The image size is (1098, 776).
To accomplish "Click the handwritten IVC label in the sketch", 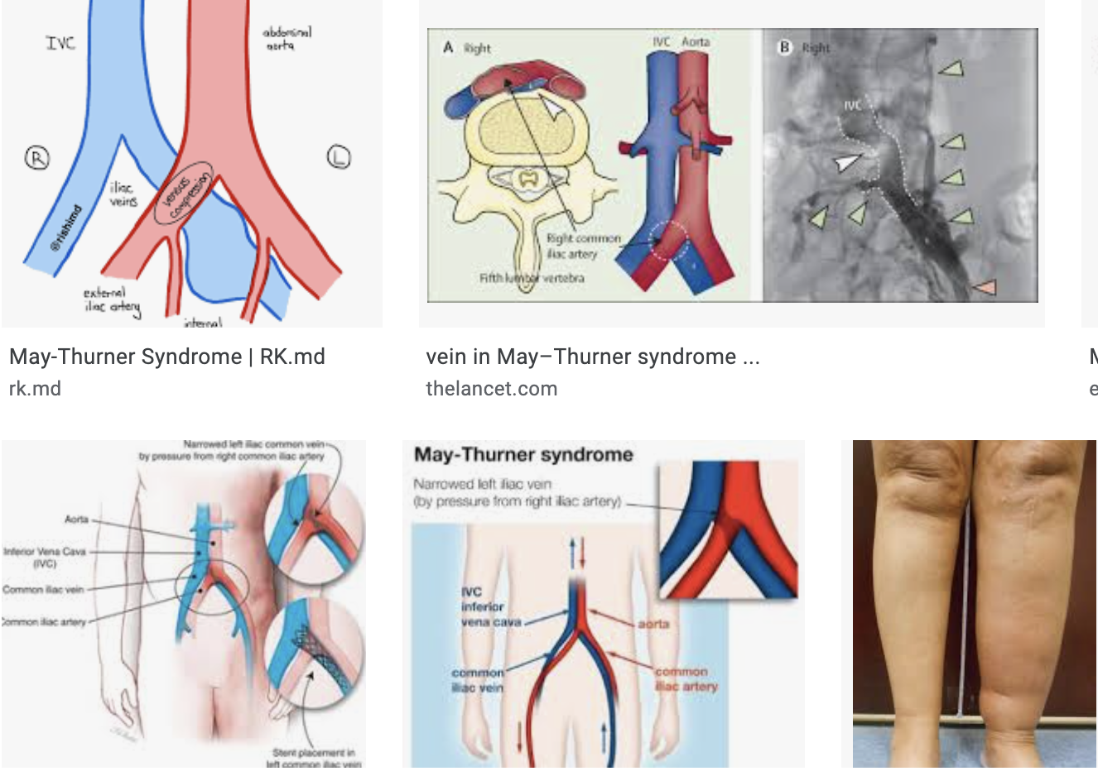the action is click(x=60, y=42).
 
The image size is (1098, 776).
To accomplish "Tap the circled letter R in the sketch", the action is click(x=37, y=157).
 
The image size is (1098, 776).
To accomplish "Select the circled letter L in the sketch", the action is click(x=339, y=156).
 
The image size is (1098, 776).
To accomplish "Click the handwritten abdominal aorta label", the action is click(x=287, y=38).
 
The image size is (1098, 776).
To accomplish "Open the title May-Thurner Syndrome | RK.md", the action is click(x=166, y=357).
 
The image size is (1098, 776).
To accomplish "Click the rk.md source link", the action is click(x=35, y=389).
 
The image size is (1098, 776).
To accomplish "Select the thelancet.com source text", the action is click(x=491, y=389).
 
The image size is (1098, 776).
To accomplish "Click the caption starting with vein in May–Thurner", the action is click(x=592, y=357).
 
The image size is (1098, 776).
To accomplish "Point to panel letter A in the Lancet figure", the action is click(x=448, y=47).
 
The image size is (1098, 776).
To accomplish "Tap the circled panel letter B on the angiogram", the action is click(x=783, y=47).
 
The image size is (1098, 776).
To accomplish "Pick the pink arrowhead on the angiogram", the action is click(x=985, y=286).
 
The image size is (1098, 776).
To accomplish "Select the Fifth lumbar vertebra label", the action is click(x=532, y=278).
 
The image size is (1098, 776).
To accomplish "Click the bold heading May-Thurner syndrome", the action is click(x=523, y=454).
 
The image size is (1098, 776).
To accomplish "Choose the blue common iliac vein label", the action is click(x=478, y=679).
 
